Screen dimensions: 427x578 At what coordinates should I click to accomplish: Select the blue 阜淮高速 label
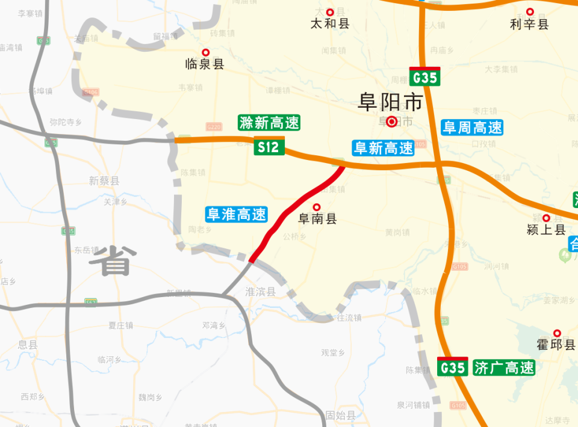pos(236,214)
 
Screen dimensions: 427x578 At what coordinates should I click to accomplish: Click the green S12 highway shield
pos(269,147)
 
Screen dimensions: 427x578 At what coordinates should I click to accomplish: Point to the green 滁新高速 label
pos(269,123)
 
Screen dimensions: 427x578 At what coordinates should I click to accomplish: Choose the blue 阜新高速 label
pos(384,148)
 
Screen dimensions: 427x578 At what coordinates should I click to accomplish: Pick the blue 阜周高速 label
pos(472,127)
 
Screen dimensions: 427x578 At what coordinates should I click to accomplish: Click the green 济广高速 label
pos(504,367)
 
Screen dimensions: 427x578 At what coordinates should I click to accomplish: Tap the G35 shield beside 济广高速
pos(452,367)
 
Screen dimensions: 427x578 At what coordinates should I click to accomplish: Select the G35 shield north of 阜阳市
pos(424,77)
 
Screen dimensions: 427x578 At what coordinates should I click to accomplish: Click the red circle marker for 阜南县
pos(317,207)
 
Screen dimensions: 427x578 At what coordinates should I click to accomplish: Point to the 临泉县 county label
pos(205,64)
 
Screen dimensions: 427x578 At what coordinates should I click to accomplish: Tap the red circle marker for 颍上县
pos(546,218)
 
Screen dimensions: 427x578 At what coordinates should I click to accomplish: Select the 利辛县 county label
pos(530,24)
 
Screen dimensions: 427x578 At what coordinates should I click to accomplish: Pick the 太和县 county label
pos(330,24)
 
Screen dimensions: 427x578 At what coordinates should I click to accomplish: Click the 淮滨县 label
pos(260,292)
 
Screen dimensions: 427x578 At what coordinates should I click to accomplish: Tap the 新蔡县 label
pos(104,180)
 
